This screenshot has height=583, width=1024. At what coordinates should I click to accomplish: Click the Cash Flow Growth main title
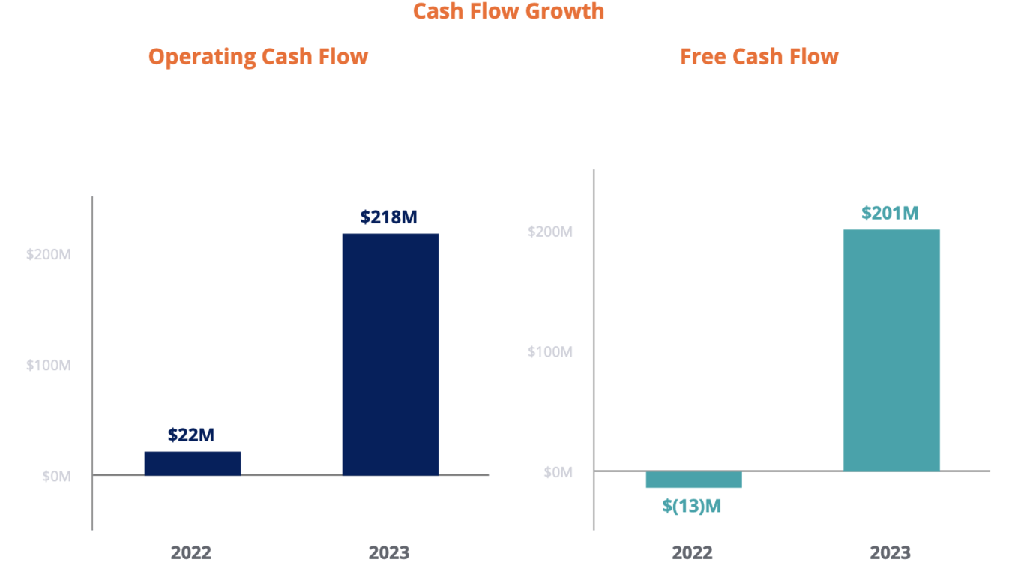click(508, 11)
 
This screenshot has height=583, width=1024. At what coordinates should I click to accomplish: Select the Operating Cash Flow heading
click(258, 57)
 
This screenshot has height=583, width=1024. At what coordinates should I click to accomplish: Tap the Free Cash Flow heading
click(759, 57)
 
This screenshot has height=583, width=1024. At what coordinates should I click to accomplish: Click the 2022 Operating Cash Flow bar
click(192, 463)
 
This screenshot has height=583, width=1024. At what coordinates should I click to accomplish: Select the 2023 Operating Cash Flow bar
click(390, 354)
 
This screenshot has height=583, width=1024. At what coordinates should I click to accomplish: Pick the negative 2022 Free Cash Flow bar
click(693, 480)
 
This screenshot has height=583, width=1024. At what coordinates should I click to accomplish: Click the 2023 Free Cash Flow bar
click(891, 350)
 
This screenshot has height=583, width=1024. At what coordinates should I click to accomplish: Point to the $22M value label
click(191, 435)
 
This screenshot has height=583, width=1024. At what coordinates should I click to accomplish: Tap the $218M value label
click(388, 217)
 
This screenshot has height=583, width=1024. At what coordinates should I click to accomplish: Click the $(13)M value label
click(691, 506)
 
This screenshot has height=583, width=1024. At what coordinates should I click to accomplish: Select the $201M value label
click(889, 213)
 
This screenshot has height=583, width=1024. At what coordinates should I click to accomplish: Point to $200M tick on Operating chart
click(49, 254)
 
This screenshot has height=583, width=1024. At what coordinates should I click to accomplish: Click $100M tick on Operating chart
click(49, 365)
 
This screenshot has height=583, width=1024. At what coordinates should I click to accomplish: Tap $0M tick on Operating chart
click(56, 476)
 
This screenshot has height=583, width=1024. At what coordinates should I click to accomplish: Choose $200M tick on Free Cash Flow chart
click(550, 232)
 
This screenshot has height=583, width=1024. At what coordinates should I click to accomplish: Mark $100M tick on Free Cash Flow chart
click(550, 351)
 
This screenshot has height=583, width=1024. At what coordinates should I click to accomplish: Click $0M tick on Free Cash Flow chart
click(558, 471)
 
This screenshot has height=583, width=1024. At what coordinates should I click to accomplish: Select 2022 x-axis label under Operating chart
click(191, 553)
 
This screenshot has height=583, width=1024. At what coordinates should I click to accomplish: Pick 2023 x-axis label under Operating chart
click(389, 553)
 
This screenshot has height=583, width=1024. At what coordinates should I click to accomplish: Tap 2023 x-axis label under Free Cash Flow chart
click(891, 553)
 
